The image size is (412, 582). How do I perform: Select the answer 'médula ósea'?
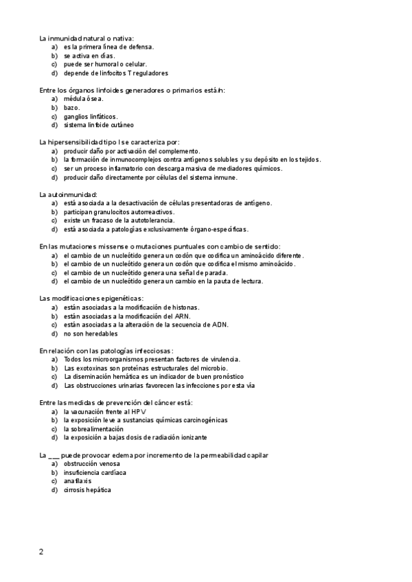[x=83, y=99]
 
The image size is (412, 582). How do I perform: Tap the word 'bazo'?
[x=71, y=108]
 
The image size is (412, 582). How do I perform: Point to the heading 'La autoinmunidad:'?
[x=69, y=194]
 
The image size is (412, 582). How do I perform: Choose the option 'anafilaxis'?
[x=78, y=481]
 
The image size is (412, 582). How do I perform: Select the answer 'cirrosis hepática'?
[x=87, y=490]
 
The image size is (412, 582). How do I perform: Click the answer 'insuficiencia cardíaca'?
[x=95, y=472]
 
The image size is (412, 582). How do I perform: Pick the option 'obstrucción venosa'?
[x=90, y=463]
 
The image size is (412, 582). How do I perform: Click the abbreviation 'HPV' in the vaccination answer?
[x=139, y=411]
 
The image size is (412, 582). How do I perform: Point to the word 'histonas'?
[x=183, y=307]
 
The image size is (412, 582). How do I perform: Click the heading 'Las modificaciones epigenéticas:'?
[x=91, y=299]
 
